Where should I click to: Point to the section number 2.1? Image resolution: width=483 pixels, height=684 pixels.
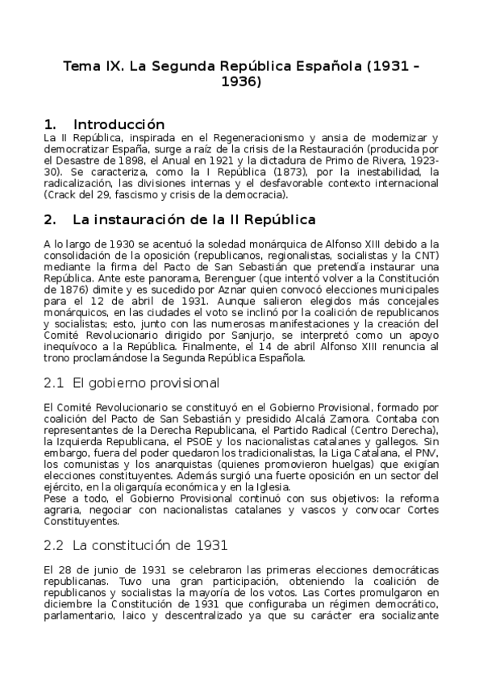(x=53, y=382)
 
